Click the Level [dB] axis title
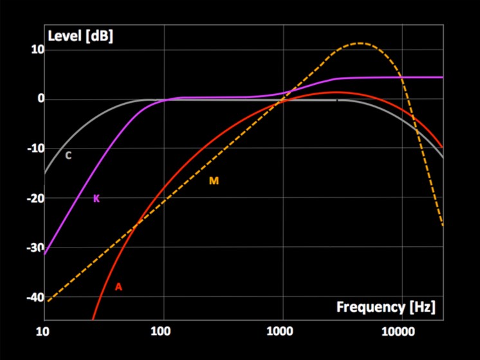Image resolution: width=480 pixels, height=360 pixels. [x=80, y=36]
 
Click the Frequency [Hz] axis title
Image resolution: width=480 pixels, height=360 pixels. [x=385, y=307]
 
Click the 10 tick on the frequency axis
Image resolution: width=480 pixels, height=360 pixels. [x=42, y=332]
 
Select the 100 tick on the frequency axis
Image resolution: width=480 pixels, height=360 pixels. [x=161, y=332]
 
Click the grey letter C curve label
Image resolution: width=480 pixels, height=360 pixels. [x=68, y=155]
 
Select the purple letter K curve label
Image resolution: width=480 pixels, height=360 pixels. [x=97, y=199]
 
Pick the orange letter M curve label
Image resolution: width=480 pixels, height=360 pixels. [x=214, y=181]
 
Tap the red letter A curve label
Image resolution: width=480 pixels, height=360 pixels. [x=118, y=287]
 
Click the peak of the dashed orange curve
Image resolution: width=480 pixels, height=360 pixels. [x=360, y=43]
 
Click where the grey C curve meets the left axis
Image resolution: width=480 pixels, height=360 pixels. [x=45, y=173]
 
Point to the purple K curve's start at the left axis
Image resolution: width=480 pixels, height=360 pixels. [x=45, y=253]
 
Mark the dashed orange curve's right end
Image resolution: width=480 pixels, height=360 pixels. [x=443, y=226]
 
